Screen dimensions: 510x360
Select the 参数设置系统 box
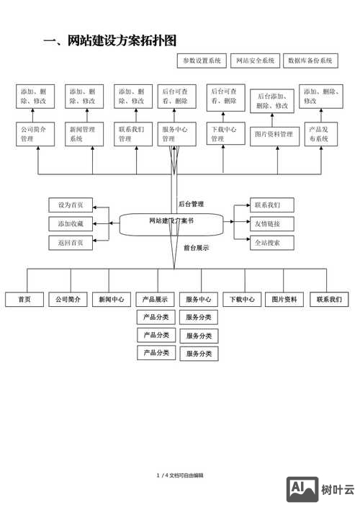(x=202, y=61)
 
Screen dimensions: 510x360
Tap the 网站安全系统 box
(x=256, y=61)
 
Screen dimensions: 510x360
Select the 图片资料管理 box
(x=275, y=135)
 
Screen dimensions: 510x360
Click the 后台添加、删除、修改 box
(x=275, y=102)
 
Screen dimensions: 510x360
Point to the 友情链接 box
(x=272, y=223)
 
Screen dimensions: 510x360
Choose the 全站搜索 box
(x=272, y=243)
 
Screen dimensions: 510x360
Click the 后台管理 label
(x=191, y=204)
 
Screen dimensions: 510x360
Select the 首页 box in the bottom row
(x=24, y=300)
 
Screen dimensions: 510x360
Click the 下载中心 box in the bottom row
(x=242, y=300)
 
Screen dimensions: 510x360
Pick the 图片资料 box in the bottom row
(x=284, y=300)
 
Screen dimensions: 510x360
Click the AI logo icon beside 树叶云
(x=302, y=489)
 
